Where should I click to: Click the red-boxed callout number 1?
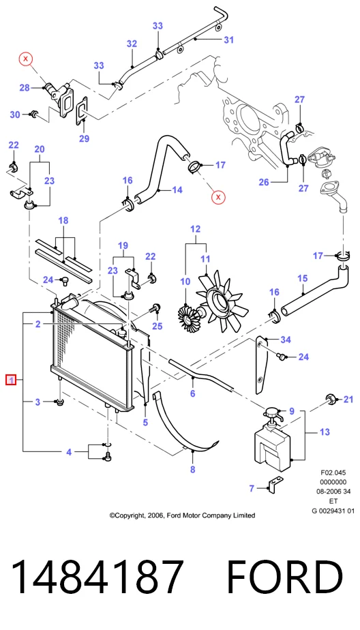pyautogui.click(x=11, y=379)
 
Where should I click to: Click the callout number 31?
pyautogui.click(x=228, y=40)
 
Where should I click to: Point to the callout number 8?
pyautogui.click(x=193, y=469)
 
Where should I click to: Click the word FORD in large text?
pyautogui.click(x=285, y=577)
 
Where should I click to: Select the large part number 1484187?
pyautogui.click(x=97, y=577)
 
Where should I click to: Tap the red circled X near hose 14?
pyautogui.click(x=219, y=197)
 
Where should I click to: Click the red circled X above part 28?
pyautogui.click(x=26, y=59)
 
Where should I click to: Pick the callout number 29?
pyautogui.click(x=84, y=138)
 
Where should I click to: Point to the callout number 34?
pyautogui.click(x=286, y=340)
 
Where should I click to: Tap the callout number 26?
pyautogui.click(x=264, y=183)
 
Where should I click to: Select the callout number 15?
pyautogui.click(x=303, y=278)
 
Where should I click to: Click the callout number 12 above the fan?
pyautogui.click(x=195, y=230)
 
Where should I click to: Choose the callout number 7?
pyautogui.click(x=252, y=488)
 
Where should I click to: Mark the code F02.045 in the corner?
pyautogui.click(x=333, y=472)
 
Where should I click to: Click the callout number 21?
pyautogui.click(x=348, y=399)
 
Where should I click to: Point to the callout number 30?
pyautogui.click(x=15, y=115)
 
